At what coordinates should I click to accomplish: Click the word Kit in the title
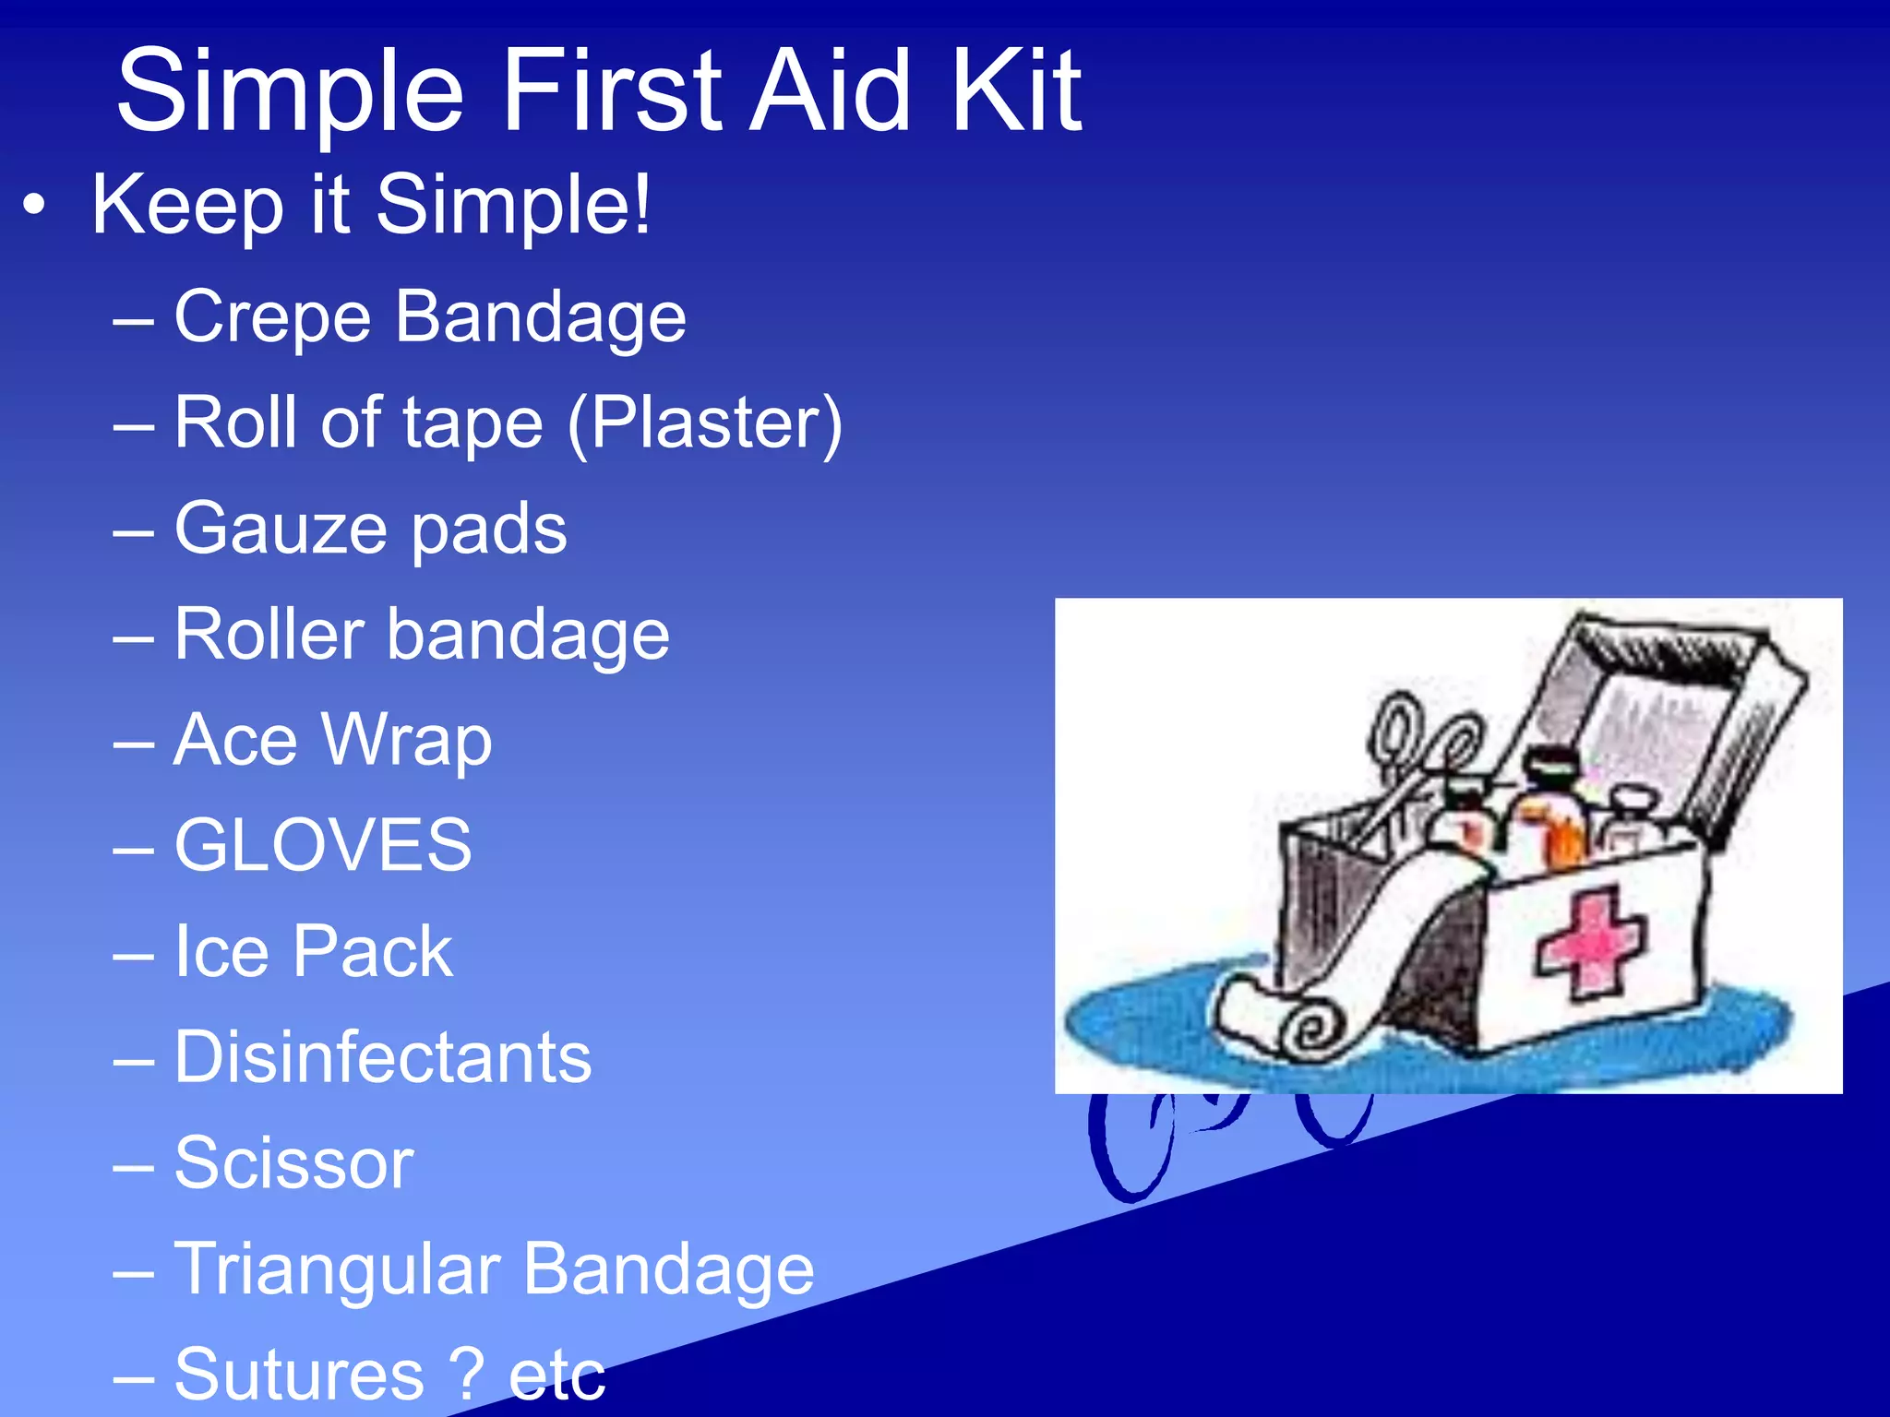pos(1016,92)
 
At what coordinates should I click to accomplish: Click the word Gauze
pos(281,530)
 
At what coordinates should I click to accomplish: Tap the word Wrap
pos(407,741)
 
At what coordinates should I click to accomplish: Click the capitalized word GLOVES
pos(323,846)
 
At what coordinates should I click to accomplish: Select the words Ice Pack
pos(314,952)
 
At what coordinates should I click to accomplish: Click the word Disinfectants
pos(383,1057)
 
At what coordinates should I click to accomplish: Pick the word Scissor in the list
pos(293,1163)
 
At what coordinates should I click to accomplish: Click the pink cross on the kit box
pos(1590,941)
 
